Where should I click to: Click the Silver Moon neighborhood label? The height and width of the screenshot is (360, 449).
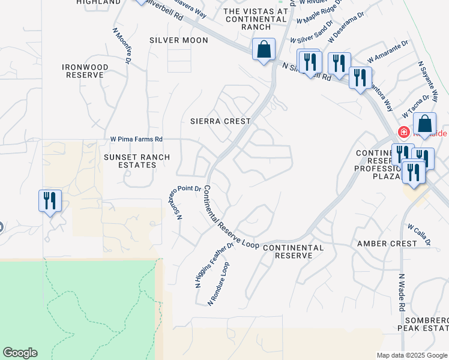[x=179, y=40]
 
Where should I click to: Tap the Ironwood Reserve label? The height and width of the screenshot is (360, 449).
[x=87, y=71]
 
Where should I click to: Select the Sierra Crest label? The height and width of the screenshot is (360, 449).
[x=220, y=121]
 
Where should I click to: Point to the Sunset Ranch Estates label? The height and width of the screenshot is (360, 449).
[x=137, y=161]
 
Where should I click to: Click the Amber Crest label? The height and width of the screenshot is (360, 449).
[x=387, y=244]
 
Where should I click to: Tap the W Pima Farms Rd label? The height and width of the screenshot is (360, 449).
[x=136, y=139]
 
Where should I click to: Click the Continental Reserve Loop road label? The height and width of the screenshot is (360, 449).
[x=231, y=217]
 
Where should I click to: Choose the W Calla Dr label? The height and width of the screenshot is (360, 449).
[x=419, y=235]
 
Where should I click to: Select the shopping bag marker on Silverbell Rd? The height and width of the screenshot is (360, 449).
[x=264, y=50]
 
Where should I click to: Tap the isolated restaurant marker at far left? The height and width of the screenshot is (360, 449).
[x=50, y=200]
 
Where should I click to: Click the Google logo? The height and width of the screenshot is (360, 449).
[x=20, y=353]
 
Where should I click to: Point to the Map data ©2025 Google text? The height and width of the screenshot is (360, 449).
[x=412, y=355]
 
